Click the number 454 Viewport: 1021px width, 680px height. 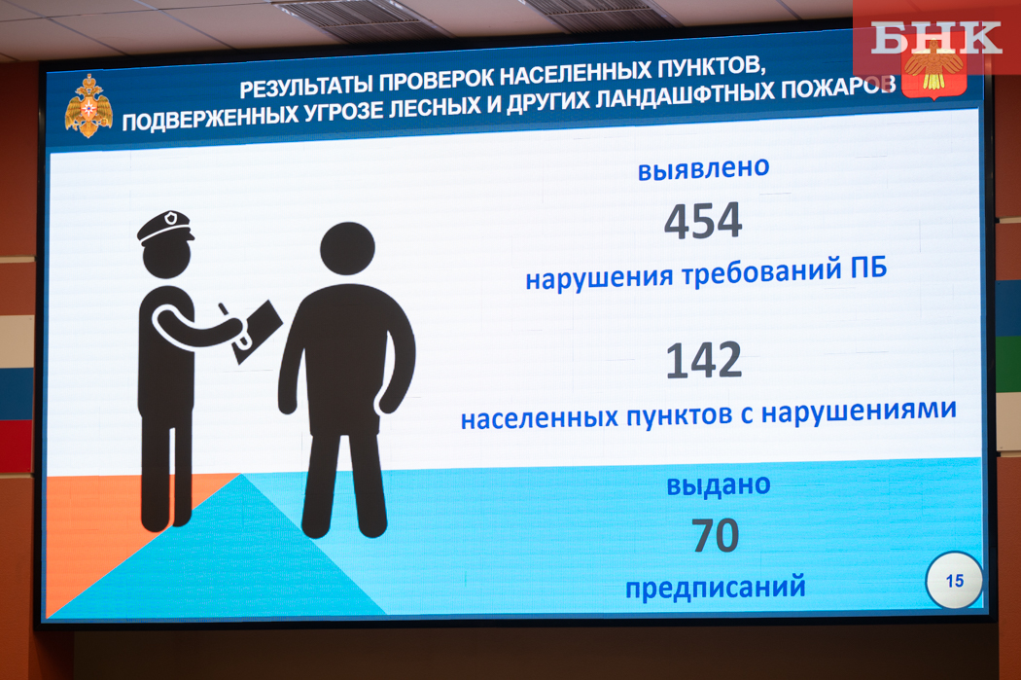(703, 220)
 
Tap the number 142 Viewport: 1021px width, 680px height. (704, 360)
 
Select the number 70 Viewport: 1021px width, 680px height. (715, 535)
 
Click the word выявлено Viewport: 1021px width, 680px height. (703, 168)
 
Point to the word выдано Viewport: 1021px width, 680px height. (719, 485)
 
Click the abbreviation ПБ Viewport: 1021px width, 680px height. (868, 268)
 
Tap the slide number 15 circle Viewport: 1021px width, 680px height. (954, 581)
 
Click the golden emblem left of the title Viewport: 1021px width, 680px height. (88, 106)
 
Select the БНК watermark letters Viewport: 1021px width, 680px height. (935, 37)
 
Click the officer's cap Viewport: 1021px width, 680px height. (165, 227)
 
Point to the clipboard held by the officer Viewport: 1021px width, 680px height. (259, 331)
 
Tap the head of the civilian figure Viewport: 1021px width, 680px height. (347, 249)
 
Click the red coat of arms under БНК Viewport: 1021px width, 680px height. (933, 73)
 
